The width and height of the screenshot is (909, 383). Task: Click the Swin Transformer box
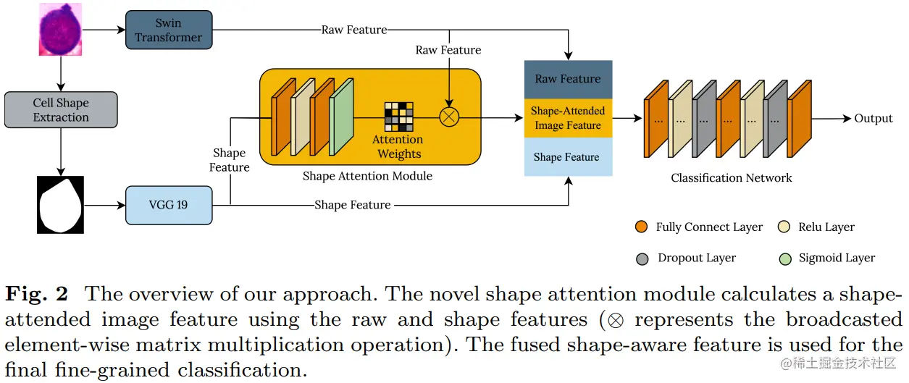coord(168,30)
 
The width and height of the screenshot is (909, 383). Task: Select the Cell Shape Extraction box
coord(61,110)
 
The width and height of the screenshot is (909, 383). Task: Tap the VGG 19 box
coord(168,205)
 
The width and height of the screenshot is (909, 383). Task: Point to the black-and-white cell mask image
coord(60,205)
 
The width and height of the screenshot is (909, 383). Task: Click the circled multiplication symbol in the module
coord(449,118)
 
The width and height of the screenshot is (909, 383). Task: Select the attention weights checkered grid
coord(398,117)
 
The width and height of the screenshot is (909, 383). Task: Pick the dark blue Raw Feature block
coord(568,79)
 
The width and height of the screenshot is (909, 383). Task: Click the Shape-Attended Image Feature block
coord(568,118)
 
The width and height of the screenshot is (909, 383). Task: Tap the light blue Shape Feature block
coord(568,157)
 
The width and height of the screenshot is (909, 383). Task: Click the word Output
coord(874,118)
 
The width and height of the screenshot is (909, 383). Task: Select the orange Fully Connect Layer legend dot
coord(641,227)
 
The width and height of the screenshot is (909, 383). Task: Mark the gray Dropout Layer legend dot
coord(642,258)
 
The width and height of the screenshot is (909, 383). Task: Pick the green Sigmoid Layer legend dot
coord(784,258)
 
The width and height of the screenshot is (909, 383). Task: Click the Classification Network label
coord(731,178)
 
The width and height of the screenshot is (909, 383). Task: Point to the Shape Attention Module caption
coord(367,176)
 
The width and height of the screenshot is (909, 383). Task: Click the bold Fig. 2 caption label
coord(37,295)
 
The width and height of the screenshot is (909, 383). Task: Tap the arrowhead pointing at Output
coord(847,118)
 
